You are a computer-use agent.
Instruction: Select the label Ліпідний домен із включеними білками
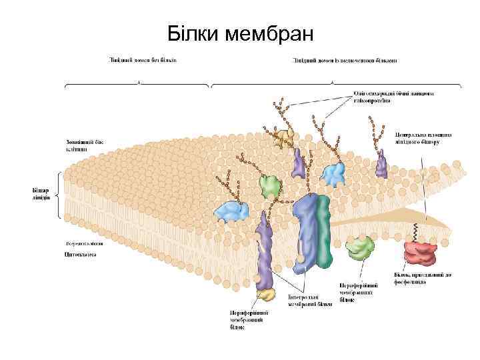(x=345, y=61)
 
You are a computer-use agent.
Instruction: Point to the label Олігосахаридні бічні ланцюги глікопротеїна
(x=393, y=97)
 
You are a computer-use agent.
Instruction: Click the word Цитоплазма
(x=81, y=253)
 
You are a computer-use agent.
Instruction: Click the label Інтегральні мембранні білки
(x=309, y=300)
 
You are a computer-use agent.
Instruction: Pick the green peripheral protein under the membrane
(x=361, y=248)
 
